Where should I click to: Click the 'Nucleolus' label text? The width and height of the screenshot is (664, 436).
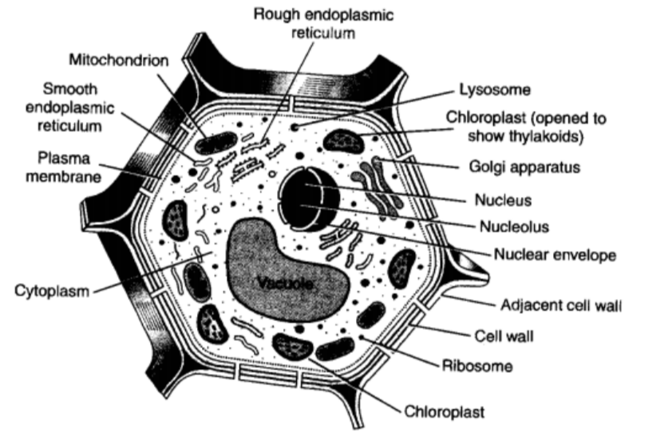pyautogui.click(x=514, y=226)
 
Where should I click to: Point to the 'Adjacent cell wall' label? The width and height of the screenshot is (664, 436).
pyautogui.click(x=561, y=305)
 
